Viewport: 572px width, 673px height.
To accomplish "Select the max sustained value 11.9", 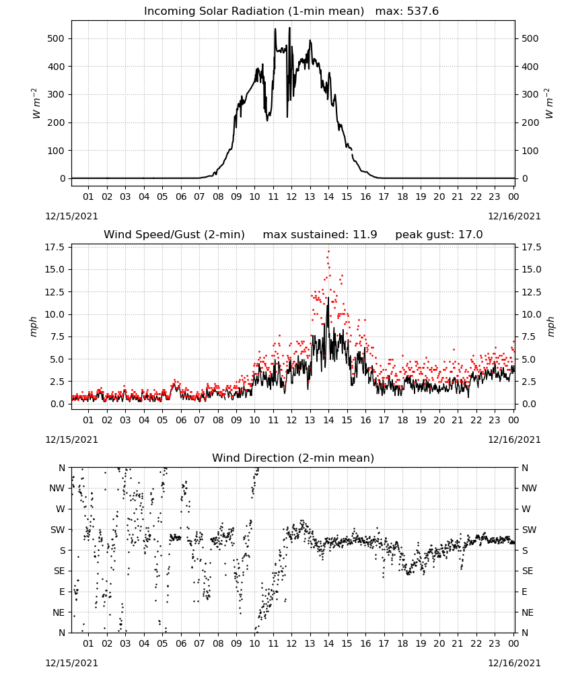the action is coord(365,235).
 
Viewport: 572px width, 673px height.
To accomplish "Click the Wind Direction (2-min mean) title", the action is coord(293,458).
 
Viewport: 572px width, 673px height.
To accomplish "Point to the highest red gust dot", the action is coord(328,251).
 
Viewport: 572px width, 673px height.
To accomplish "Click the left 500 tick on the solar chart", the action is coord(56,38).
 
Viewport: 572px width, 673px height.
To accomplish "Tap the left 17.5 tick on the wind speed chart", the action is coord(55,247).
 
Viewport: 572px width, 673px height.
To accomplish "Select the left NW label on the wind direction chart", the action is coord(57,489).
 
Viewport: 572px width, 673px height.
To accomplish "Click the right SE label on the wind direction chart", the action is coord(528,571).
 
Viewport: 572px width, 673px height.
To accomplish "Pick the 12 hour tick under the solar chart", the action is coord(291,197).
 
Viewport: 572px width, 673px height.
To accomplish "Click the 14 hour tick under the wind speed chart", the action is coord(328,420).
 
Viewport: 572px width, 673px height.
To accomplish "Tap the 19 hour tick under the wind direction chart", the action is coord(421,644).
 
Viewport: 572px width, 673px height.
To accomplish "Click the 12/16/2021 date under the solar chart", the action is coord(514,216).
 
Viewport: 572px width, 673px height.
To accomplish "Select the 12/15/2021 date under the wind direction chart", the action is coord(71,663).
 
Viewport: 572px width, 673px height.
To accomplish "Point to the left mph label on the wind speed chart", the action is coord(34,326).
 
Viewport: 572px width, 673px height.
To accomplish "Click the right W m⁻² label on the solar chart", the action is coord(549,104).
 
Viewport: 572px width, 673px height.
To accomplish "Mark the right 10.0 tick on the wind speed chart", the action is coord(531,314).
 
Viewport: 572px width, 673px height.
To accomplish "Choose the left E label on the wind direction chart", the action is coord(62,592).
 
